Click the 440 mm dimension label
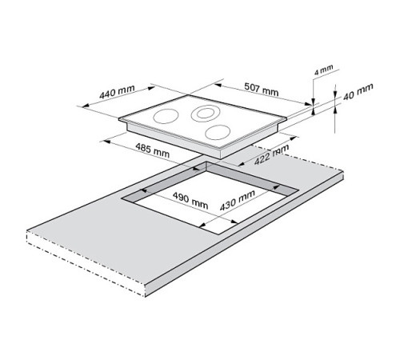point(117,93)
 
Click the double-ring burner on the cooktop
point(204,113)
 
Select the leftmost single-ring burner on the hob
point(165,117)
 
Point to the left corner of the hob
point(118,120)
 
